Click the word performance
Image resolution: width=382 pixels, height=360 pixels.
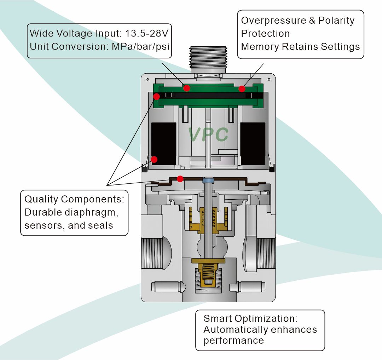click(233, 341)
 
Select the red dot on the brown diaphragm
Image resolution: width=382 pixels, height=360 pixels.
click(180, 179)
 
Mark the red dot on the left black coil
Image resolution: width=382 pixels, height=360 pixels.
click(154, 159)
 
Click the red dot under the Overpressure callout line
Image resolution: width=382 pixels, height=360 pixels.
click(242, 89)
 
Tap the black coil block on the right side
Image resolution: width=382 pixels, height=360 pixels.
click(253, 143)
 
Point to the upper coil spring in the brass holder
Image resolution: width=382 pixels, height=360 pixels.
click(203, 219)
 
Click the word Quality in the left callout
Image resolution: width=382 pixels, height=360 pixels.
click(41, 199)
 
